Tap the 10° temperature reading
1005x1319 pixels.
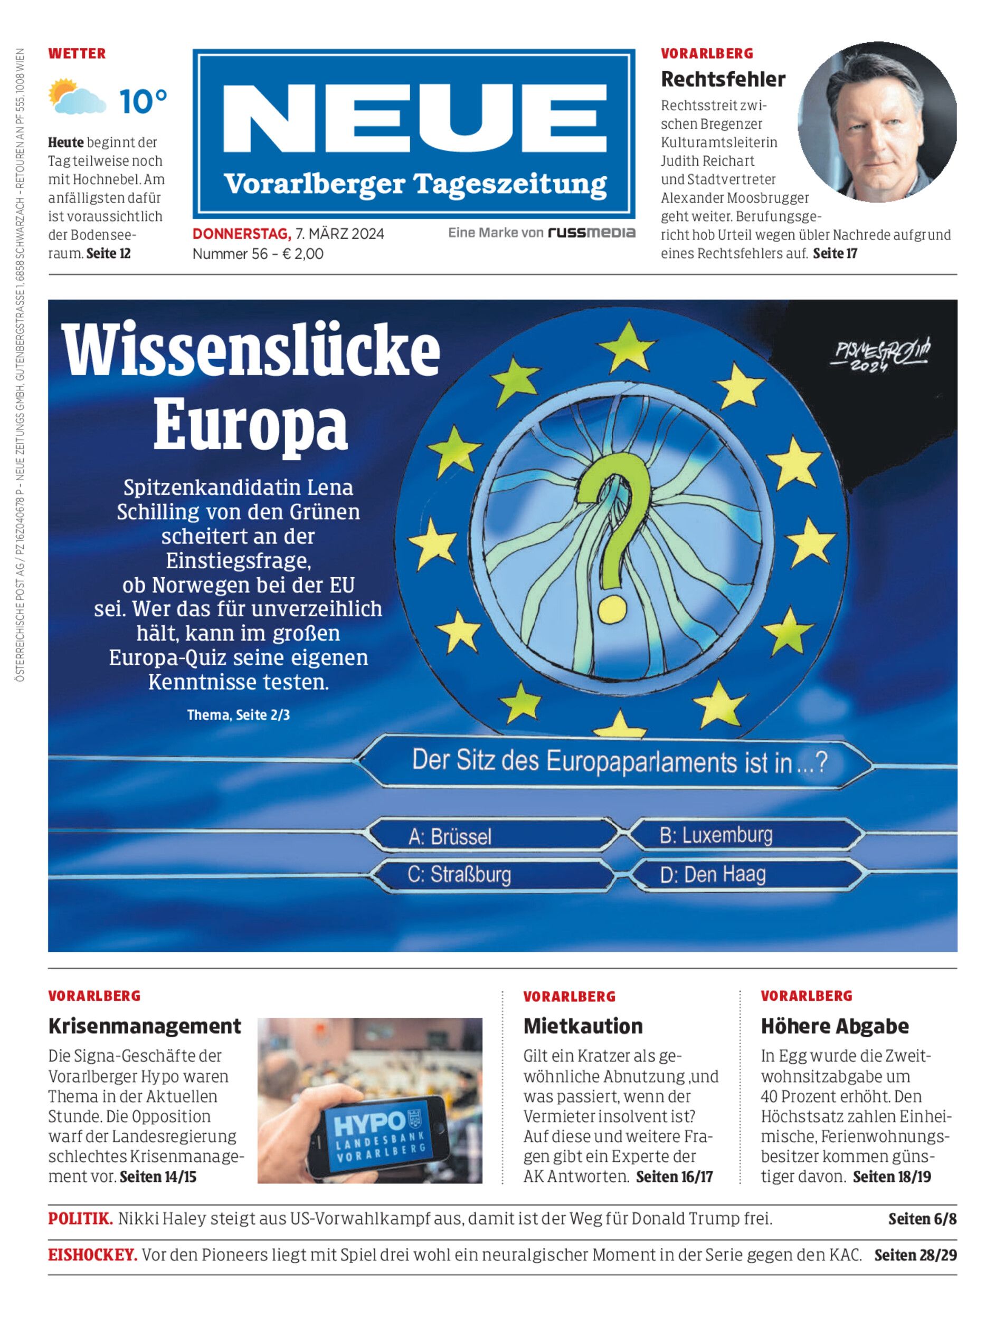pos(143,101)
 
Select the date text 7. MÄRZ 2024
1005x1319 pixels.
pos(340,234)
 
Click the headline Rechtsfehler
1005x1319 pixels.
pos(723,79)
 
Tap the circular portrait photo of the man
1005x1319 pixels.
pos(877,122)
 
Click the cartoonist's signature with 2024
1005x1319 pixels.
pos(879,356)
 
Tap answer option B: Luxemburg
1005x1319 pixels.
pos(716,835)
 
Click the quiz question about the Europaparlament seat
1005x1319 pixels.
pos(619,763)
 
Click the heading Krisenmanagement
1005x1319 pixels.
pos(145,1026)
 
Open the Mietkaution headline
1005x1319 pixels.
pos(583,1026)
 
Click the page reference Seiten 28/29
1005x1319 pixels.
pos(915,1255)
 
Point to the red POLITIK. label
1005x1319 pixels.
pos(80,1219)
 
